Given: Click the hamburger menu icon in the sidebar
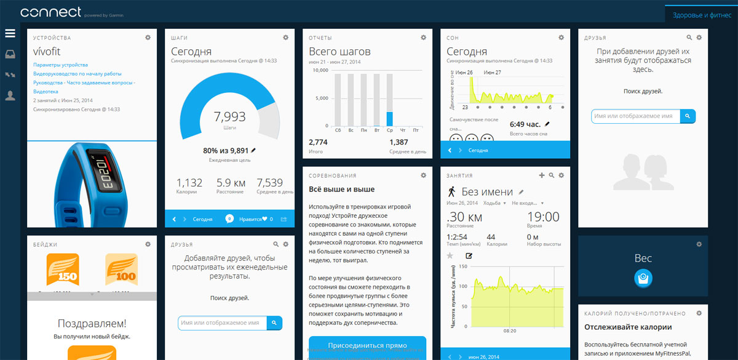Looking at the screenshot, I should coord(10,33).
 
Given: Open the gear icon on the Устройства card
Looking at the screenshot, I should coord(148,38).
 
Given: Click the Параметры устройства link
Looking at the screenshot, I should coord(60,65).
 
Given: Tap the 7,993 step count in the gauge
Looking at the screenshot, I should coord(229,116).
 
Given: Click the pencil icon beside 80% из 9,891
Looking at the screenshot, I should coord(253,150).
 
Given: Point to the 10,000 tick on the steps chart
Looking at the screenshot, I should coord(320,70).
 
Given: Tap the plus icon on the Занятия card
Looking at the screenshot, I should coord(541,175).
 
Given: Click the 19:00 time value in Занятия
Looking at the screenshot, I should coord(544,217).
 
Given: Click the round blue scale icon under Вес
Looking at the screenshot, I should coord(643,279).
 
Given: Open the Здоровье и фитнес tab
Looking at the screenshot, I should coord(701,14).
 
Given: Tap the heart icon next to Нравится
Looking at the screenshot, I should coord(265,218).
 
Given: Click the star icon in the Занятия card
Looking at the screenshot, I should coord(450,255).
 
